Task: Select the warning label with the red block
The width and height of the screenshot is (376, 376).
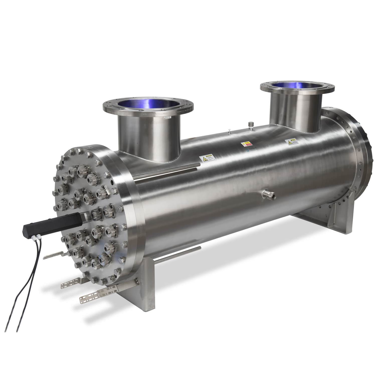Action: click(x=245, y=145)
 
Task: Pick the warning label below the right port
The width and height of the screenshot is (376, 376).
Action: click(x=291, y=142)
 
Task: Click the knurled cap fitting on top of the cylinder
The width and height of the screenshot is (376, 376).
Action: click(x=250, y=125)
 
